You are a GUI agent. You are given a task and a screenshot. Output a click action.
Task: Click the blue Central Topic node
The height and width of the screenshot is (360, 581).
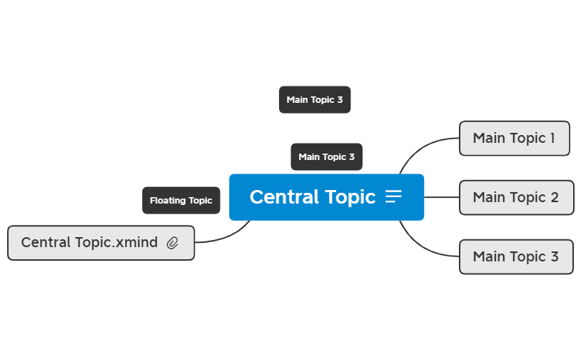tap(326, 197)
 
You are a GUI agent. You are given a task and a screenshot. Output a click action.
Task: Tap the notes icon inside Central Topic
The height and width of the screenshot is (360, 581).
tap(393, 196)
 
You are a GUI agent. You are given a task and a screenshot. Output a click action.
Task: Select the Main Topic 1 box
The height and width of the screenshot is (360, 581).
tap(515, 139)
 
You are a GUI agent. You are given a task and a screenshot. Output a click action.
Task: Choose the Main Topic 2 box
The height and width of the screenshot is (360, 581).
tap(517, 198)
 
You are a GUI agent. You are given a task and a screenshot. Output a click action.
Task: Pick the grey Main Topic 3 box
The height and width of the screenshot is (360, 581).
tap(516, 257)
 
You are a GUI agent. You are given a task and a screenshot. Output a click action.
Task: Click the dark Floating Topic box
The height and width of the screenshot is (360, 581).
tap(181, 200)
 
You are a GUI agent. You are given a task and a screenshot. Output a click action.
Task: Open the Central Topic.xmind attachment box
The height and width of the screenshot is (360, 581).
tap(101, 243)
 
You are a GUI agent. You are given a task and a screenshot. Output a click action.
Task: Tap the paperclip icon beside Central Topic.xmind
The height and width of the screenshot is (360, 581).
tap(172, 243)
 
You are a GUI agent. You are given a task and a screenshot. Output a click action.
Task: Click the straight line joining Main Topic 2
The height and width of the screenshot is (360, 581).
tap(442, 197)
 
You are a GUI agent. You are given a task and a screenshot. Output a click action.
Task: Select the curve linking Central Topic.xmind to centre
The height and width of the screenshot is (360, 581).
tap(227, 236)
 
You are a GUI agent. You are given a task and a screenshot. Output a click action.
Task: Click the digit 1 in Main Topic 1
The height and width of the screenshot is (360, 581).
tap(552, 139)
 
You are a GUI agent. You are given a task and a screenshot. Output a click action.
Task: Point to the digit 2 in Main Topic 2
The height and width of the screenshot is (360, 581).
tap(555, 198)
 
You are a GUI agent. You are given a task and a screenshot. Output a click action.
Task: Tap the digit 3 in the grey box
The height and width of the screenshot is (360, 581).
tap(555, 257)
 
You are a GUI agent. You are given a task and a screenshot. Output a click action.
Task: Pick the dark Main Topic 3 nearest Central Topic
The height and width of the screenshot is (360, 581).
tap(326, 157)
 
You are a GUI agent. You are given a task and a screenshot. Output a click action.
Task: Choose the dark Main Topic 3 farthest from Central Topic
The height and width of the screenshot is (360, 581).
tap(315, 100)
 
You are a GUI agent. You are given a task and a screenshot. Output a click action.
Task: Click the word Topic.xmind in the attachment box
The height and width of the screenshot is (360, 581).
tap(116, 243)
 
